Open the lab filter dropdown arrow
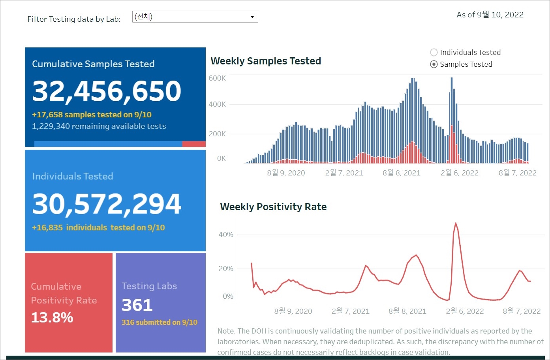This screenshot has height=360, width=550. point(252,17)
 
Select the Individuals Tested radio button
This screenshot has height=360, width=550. point(434,52)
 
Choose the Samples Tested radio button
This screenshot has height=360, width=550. point(434,64)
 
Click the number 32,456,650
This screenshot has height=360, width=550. point(107,91)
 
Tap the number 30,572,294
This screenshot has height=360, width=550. point(107,204)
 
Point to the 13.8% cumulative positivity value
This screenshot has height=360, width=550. point(52,317)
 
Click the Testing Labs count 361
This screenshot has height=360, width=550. point(137,305)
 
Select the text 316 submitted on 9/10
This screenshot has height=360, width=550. point(160,322)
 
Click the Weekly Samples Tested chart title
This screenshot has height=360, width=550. point(266,61)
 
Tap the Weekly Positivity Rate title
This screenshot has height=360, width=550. point(273,207)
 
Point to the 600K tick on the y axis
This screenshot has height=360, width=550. point(217,78)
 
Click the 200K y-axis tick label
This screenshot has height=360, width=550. point(217,134)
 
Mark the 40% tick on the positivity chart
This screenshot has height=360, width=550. point(226,235)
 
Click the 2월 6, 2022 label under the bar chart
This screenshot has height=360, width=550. point(459,173)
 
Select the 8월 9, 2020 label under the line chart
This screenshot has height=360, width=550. point(293,311)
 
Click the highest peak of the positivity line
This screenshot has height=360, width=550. point(456,223)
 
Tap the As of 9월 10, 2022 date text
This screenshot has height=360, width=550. point(490,15)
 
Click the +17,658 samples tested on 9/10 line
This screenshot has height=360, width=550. point(92,115)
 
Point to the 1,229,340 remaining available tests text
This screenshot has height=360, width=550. point(99,126)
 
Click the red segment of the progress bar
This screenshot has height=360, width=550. point(193,144)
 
